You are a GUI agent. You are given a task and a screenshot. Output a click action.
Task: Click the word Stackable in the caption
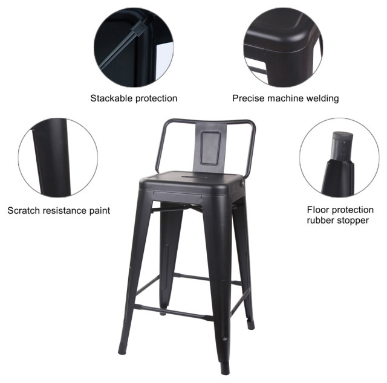(x=111, y=98)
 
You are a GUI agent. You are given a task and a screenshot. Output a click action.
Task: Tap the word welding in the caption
(x=320, y=98)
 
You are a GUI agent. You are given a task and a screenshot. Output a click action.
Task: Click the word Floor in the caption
(x=318, y=210)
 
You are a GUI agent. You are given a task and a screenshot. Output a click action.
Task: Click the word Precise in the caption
(x=249, y=98)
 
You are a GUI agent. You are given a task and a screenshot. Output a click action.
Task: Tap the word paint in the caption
(x=99, y=210)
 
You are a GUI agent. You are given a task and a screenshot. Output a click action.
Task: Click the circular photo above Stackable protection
(x=134, y=46)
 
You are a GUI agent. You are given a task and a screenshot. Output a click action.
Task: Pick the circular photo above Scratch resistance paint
(x=57, y=158)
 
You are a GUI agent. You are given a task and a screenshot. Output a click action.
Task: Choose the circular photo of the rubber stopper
(x=339, y=158)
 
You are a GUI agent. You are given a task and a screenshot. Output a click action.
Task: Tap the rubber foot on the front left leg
(x=122, y=349)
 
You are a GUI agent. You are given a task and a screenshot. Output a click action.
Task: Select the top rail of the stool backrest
(x=209, y=121)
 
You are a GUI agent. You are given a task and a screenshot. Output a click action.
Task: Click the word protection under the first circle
(x=155, y=98)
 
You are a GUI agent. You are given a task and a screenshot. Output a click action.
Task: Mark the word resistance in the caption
(x=66, y=210)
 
